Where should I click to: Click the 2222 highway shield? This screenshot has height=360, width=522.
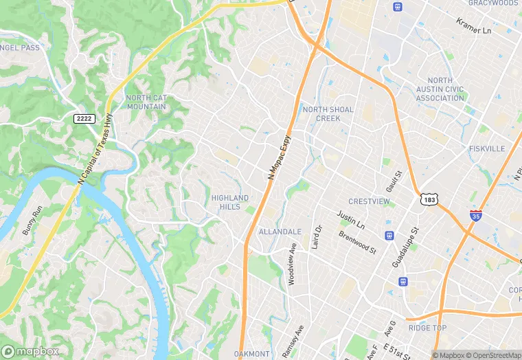coord(84,119)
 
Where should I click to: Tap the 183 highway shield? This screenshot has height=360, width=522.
coord(429,199)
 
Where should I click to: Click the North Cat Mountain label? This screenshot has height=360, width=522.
coord(146,102)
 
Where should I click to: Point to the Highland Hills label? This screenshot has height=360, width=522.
coord(229,202)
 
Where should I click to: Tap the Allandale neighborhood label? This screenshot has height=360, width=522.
coord(280,232)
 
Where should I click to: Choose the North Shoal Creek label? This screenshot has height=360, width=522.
coord(328,114)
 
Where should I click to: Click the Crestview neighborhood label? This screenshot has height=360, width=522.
coord(369,201)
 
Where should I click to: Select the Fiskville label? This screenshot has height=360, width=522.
coord(487,148)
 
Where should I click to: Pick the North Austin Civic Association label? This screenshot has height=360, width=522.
coord(440,89)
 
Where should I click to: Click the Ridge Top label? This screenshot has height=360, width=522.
coord(427,328)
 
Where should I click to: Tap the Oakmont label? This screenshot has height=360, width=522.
coord(251,354)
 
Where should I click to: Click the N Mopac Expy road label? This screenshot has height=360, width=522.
coord(280,157)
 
